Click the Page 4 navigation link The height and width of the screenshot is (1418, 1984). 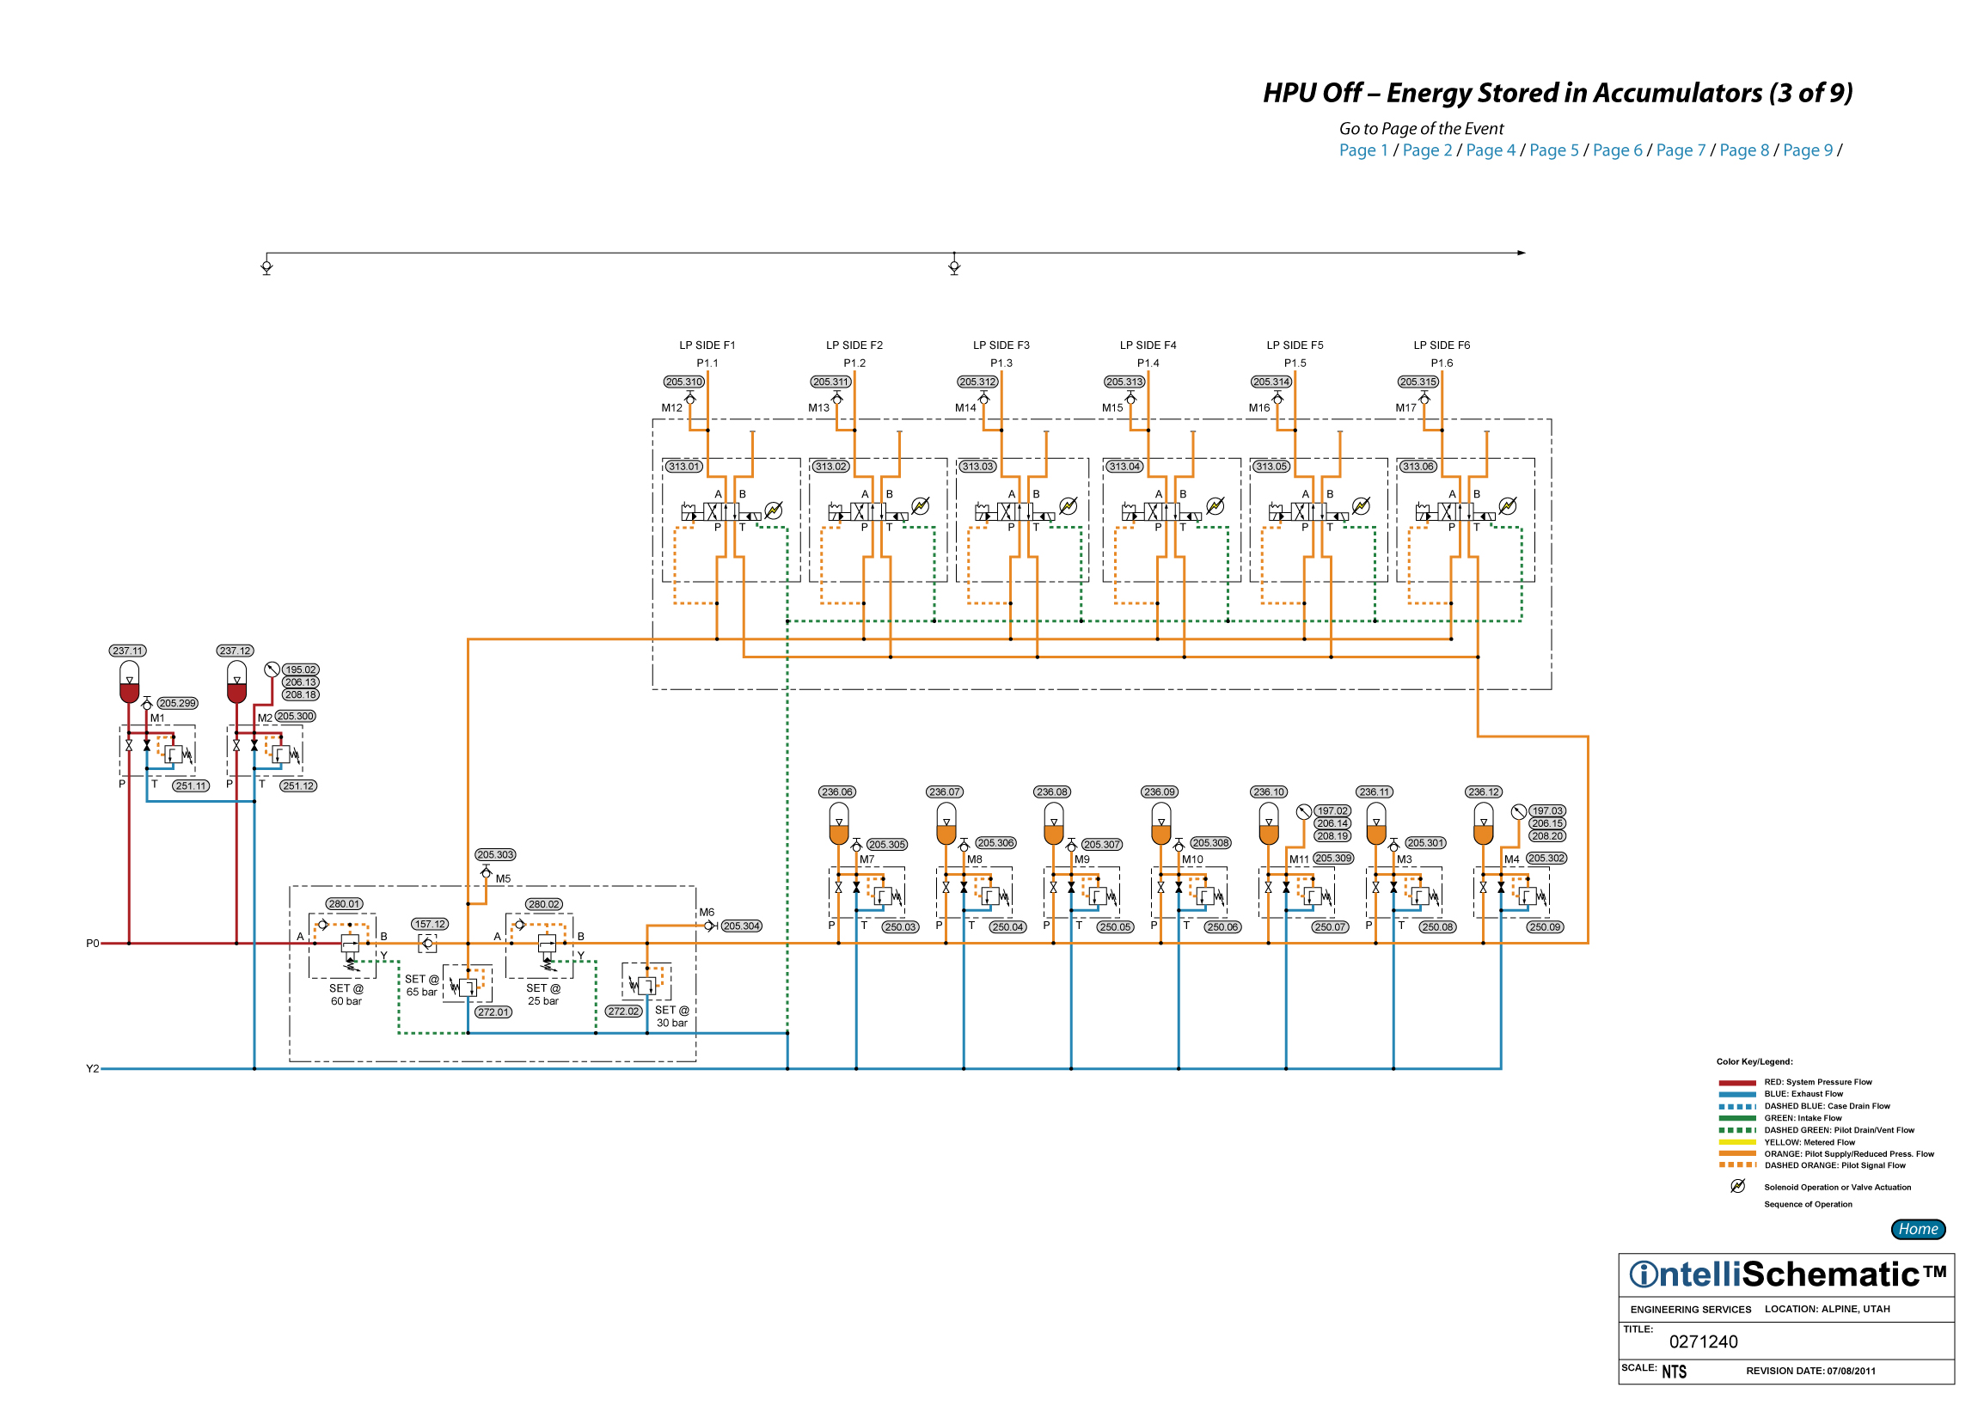tap(1491, 150)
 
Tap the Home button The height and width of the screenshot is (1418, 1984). tap(1918, 1230)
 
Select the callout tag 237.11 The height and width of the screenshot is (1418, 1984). tap(127, 651)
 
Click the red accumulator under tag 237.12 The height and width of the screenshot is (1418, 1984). tap(236, 682)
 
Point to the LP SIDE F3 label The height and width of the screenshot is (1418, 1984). tap(1001, 345)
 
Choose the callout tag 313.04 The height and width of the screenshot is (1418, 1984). tap(1124, 468)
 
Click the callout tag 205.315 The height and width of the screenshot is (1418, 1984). tap(1418, 382)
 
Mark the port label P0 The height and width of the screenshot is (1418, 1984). tap(93, 944)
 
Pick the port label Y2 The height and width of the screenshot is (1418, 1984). tap(93, 1069)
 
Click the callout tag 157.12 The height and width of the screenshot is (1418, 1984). tap(430, 925)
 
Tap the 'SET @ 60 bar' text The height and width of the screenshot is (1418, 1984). tap(346, 995)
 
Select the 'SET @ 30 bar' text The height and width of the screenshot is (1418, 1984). tap(672, 1018)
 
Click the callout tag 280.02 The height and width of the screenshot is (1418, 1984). tap(544, 905)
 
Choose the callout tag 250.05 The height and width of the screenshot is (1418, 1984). tap(1115, 927)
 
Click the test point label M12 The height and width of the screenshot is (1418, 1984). tap(671, 407)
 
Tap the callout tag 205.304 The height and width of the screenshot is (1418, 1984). tap(741, 926)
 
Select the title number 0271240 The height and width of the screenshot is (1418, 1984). tap(1703, 1342)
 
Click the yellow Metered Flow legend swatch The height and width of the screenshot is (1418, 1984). tap(1737, 1142)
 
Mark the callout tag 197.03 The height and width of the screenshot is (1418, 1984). tap(1547, 811)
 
